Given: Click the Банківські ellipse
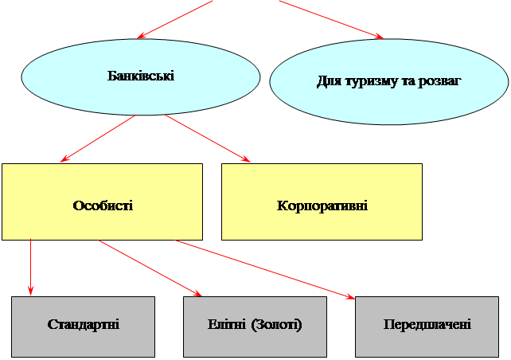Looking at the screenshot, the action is pyautogui.click(x=141, y=77).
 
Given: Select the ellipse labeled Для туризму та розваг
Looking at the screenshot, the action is pyautogui.click(x=389, y=81).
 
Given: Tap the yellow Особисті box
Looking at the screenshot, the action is pyautogui.click(x=103, y=202).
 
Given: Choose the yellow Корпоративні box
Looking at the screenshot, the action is pyautogui.click(x=322, y=202).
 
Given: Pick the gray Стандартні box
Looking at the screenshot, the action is pyautogui.click(x=83, y=327).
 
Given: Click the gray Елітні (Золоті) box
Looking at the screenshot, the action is pyautogui.click(x=255, y=327).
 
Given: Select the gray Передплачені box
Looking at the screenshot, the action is pyautogui.click(x=427, y=327).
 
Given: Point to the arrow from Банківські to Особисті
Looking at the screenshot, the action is pyautogui.click(x=98, y=139).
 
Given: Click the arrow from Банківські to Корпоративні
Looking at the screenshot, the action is pyautogui.click(x=208, y=138).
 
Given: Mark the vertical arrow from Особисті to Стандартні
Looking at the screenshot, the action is pyautogui.click(x=30, y=267).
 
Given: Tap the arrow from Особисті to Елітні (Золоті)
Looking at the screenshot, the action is pyautogui.click(x=150, y=268).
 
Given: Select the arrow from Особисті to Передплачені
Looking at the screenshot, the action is pyautogui.click(x=264, y=269).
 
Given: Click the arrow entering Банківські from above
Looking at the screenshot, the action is pyautogui.click(x=174, y=19).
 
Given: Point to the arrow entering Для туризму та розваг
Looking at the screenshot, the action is pyautogui.click(x=331, y=19).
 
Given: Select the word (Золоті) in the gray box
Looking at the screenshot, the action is pyautogui.click(x=277, y=324).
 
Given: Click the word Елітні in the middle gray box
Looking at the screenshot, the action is pyautogui.click(x=227, y=324).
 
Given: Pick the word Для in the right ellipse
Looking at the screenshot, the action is pyautogui.click(x=330, y=81).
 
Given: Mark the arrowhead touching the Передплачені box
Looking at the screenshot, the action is pyautogui.click(x=351, y=296).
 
